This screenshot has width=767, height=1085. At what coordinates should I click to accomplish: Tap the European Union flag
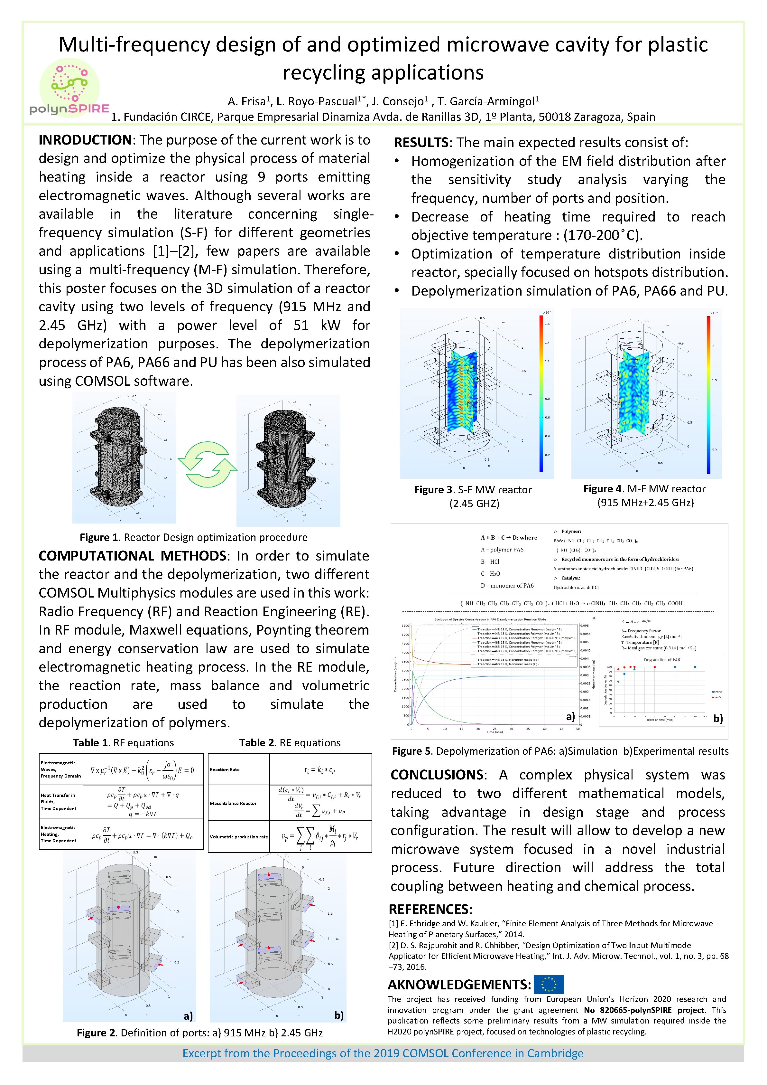click(x=548, y=984)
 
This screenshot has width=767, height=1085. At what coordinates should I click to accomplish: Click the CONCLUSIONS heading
click(x=436, y=775)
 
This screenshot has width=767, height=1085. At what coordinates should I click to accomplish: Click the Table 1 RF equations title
click(x=123, y=742)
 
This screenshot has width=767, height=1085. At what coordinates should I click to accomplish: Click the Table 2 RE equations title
click(x=290, y=742)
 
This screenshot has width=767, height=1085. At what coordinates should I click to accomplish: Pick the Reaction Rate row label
click(x=225, y=769)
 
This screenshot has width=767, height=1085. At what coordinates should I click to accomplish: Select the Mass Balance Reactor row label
click(x=233, y=803)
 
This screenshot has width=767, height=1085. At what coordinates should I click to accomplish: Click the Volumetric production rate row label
click(x=238, y=836)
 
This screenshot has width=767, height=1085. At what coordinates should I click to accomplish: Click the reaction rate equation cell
click(x=320, y=769)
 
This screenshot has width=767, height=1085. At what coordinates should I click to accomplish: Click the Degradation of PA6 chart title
click(x=662, y=660)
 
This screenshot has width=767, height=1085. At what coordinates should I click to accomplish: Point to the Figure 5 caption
click(x=560, y=751)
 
